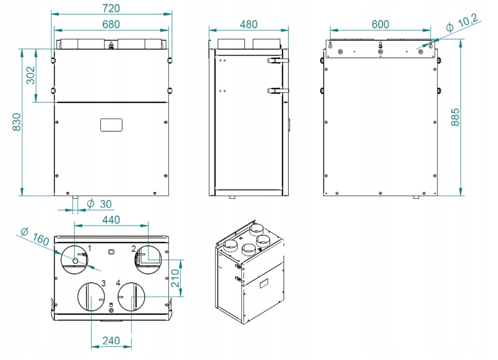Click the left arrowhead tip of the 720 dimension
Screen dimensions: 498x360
tap(51, 14)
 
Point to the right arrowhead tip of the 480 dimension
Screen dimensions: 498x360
tap(288, 30)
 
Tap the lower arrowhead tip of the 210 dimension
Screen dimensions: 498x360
tap(181, 297)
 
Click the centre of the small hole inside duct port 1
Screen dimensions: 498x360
tap(75, 261)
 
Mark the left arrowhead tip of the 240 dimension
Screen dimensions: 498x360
tap(91, 347)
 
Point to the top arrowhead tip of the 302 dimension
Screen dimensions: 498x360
tap(36, 49)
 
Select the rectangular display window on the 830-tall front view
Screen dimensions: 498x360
tap(111, 125)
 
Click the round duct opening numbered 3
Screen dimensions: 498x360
tap(91, 297)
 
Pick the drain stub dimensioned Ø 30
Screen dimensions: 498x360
tap(75, 198)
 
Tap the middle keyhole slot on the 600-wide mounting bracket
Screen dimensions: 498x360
tap(380, 45)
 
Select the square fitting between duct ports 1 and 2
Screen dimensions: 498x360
tap(111, 252)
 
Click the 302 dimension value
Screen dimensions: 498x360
tap(30, 75)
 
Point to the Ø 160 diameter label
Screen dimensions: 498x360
tap(35, 236)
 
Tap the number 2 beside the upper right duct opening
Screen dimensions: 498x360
tap(134, 249)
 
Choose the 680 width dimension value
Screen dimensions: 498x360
tap(111, 25)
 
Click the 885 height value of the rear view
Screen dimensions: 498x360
tap(455, 117)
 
